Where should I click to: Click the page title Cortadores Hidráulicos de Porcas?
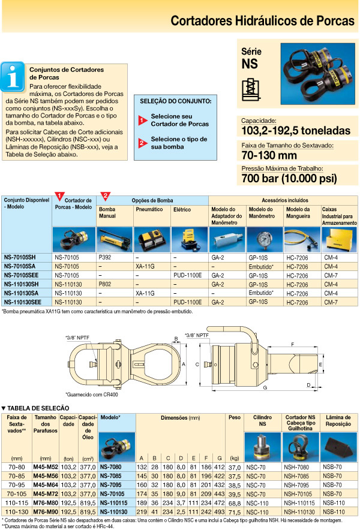262,21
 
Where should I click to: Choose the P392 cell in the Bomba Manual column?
105,256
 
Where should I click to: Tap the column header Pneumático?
149,210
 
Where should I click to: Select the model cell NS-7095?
112,483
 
